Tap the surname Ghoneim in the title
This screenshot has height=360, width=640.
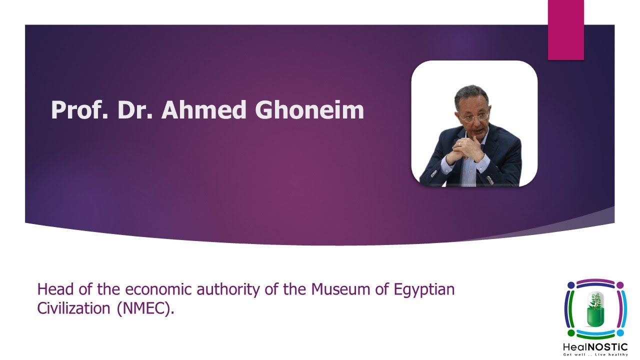pyautogui.click(x=309, y=110)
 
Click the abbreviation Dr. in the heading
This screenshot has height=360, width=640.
pyautogui.click(x=135, y=110)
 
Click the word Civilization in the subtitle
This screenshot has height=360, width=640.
pyautogui.click(x=73, y=308)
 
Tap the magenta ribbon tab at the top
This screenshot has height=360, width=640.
pyautogui.click(x=565, y=30)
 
